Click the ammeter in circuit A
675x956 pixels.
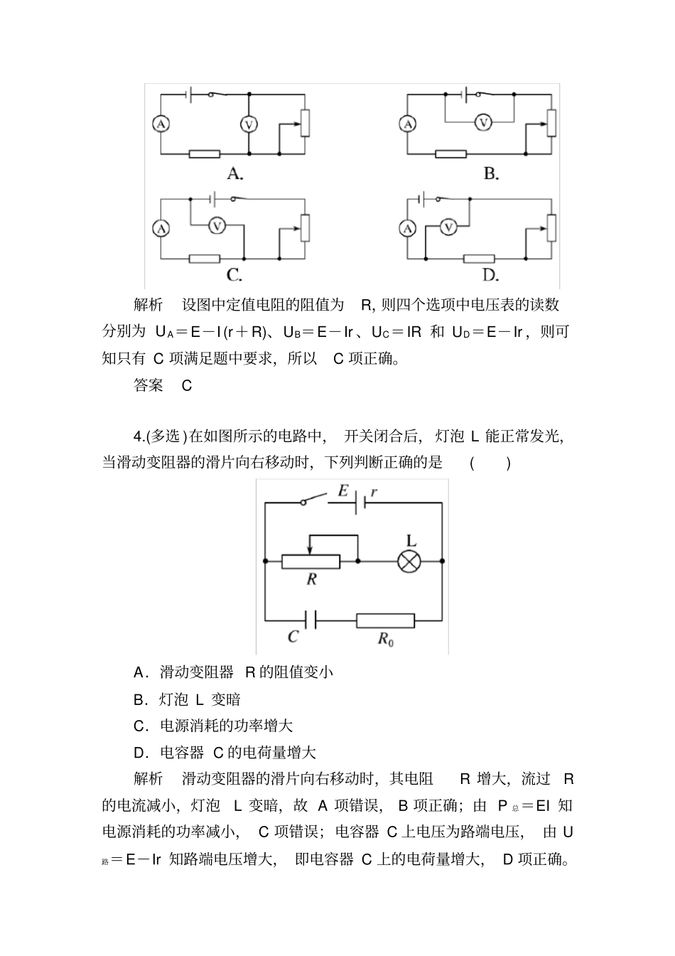[161, 124]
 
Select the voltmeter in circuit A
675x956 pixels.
[249, 124]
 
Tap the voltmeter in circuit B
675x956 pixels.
[483, 123]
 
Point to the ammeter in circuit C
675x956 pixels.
[161, 227]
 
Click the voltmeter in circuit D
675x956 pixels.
[448, 227]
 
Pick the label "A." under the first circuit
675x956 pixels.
[235, 173]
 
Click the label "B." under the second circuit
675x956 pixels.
[491, 173]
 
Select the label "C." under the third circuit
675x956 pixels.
[235, 275]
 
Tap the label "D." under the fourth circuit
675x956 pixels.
[491, 275]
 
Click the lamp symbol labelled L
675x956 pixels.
[409, 562]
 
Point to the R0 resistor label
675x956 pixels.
[385, 638]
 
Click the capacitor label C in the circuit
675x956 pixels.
[293, 637]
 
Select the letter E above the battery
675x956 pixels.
[343, 490]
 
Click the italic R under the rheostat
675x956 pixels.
[311, 579]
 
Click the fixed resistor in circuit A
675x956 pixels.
[205, 154]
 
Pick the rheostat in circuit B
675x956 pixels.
[551, 122]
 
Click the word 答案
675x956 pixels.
[148, 385]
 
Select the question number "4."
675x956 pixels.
[139, 436]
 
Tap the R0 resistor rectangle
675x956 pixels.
[385, 621]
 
